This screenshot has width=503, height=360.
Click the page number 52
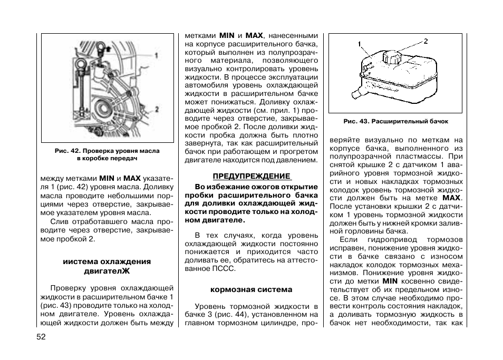[x=42, y=337]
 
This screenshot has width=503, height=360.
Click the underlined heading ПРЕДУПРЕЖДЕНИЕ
[x=251, y=176]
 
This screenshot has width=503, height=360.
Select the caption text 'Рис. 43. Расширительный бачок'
[x=395, y=121]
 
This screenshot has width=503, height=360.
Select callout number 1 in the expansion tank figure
[x=359, y=44]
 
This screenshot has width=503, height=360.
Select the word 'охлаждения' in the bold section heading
[x=126, y=261]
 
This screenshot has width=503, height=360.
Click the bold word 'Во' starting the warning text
[x=200, y=187]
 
